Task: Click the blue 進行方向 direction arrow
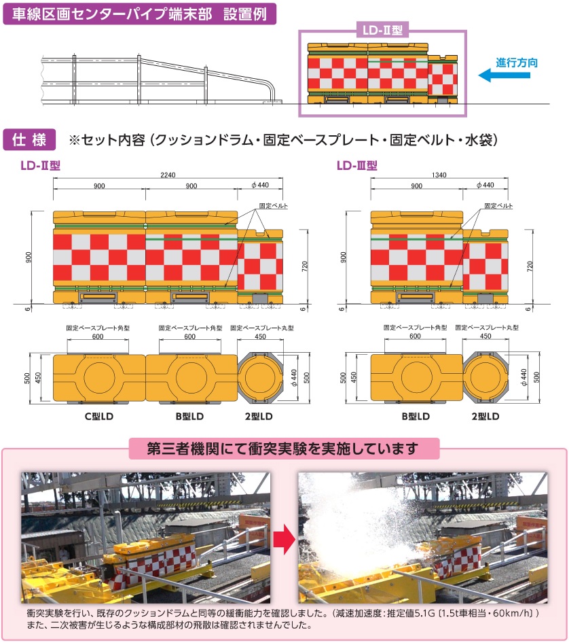click(504, 75)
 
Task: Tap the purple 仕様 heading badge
click(29, 140)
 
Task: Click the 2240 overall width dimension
click(168, 175)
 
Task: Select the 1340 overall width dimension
click(439, 175)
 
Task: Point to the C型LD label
click(98, 416)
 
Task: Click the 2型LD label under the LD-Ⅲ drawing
click(485, 416)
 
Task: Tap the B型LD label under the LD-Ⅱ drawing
click(189, 416)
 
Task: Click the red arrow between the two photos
click(284, 538)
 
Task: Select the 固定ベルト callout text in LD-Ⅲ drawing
click(498, 206)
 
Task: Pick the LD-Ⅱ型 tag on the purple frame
click(382, 30)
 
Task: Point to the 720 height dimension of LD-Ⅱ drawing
click(304, 266)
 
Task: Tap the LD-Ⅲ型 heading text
click(356, 166)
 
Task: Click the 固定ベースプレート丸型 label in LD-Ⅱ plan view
click(262, 328)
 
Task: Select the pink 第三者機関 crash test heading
click(283, 449)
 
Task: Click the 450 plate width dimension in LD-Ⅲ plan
click(485, 336)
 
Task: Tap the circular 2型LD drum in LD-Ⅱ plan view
click(260, 377)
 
